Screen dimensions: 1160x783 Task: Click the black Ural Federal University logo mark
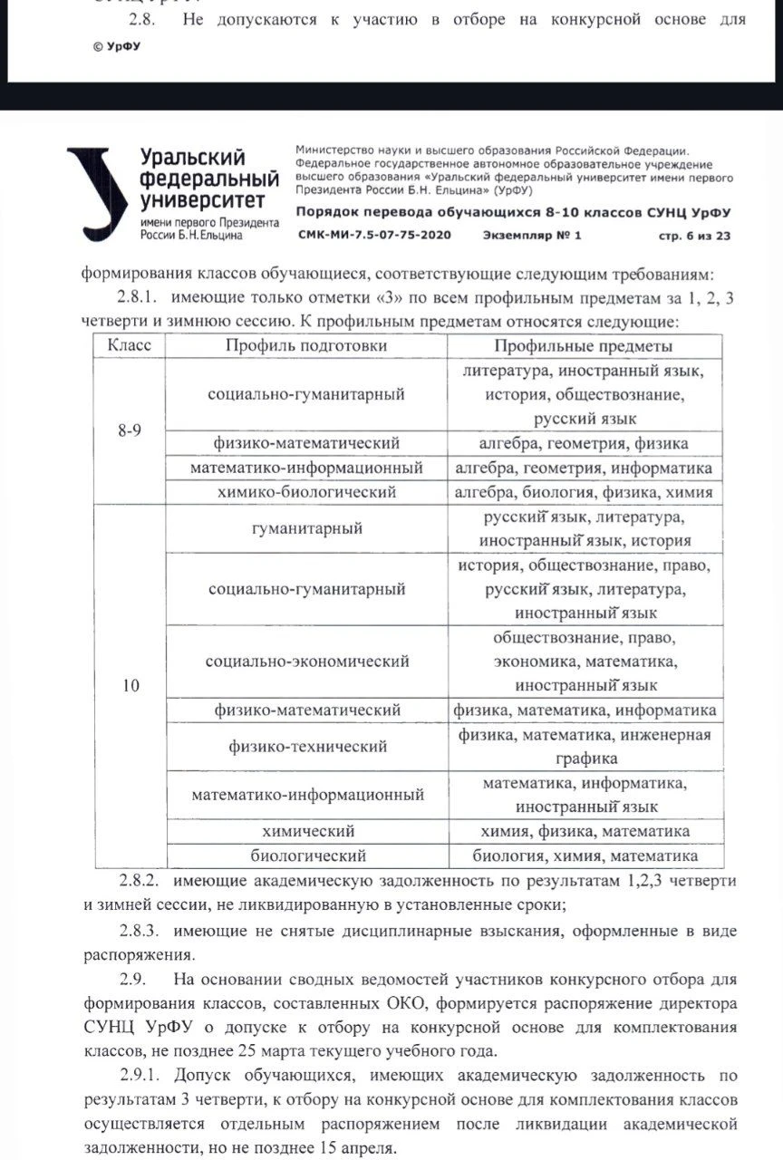coord(97,192)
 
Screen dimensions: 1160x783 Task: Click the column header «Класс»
coord(130,345)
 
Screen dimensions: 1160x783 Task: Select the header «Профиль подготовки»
coord(306,345)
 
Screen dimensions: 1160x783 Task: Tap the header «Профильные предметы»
coord(584,345)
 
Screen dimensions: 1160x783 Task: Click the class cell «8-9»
coord(130,431)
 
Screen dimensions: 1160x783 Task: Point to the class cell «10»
coord(130,685)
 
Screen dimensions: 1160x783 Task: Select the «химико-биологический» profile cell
coord(306,492)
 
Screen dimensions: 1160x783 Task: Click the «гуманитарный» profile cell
coord(306,528)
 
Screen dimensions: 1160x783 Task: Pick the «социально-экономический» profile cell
coord(306,662)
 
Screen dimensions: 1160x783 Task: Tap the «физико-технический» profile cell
coord(306,747)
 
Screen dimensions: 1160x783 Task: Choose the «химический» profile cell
coord(306,831)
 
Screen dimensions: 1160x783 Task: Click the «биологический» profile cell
coord(306,855)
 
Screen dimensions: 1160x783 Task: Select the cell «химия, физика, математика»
coord(584,831)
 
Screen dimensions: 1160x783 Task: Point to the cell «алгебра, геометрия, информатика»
coord(584,468)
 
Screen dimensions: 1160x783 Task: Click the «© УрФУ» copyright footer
coord(117,44)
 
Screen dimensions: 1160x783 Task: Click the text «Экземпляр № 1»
coord(530,236)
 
